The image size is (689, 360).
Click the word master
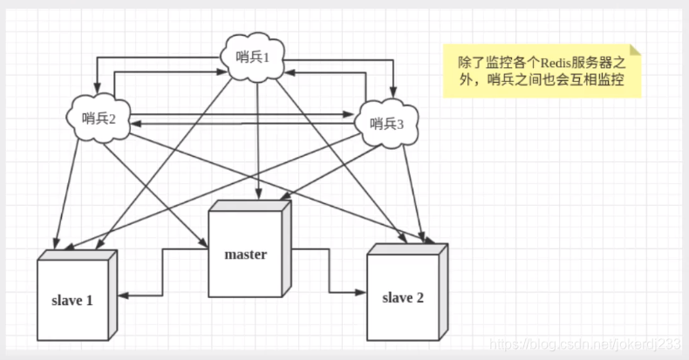pos(245,255)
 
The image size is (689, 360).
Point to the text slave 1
pos(71,301)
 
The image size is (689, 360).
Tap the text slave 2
pos(403,297)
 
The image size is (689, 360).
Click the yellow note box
pos(542,71)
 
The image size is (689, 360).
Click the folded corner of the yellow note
pos(635,51)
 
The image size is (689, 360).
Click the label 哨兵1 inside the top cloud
pos(254,58)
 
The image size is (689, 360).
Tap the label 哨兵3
pos(387,123)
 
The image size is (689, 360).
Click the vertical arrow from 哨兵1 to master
pos(257,139)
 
